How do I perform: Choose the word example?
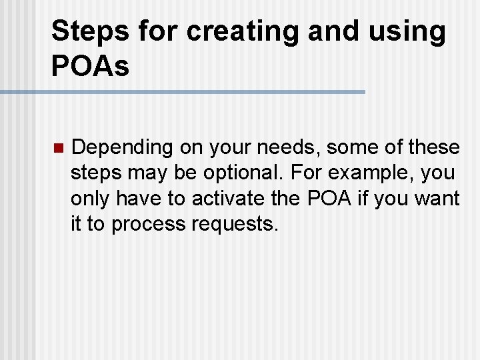click(375, 173)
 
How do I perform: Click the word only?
click(91, 199)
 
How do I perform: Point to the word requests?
click(234, 225)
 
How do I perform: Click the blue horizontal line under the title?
click(183, 91)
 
